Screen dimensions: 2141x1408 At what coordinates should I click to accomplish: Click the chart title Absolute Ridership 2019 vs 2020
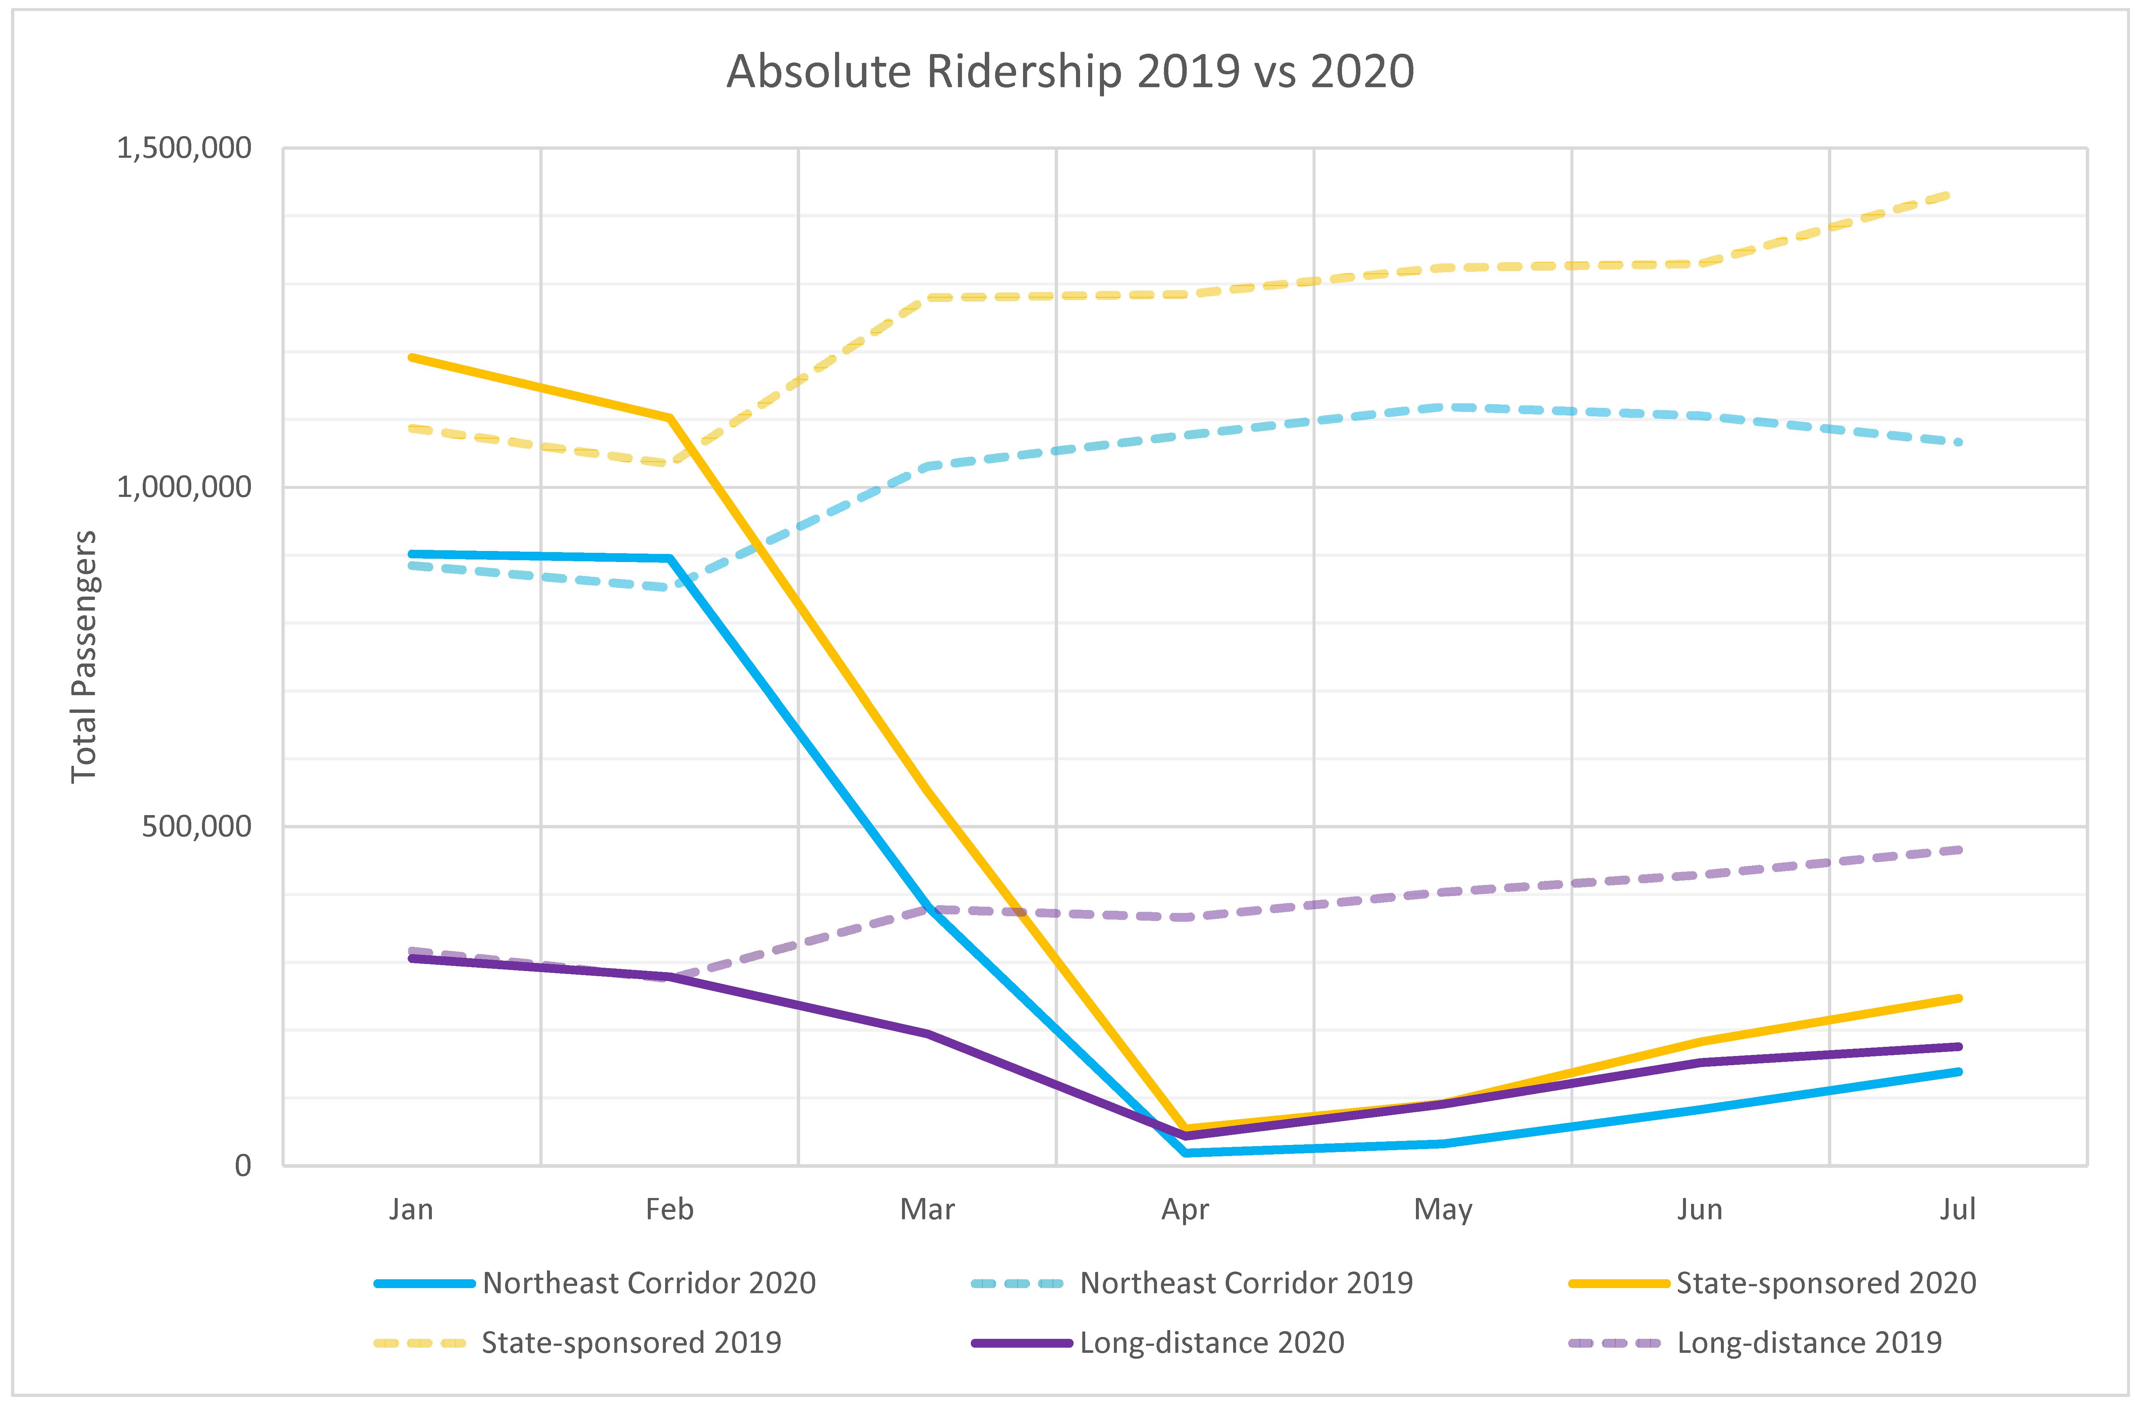[x=1070, y=72]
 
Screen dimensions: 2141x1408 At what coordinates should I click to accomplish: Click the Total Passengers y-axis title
[x=84, y=657]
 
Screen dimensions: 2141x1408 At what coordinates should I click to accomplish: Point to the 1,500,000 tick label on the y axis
[x=184, y=147]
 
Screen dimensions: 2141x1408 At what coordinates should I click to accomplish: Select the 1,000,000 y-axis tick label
[x=184, y=487]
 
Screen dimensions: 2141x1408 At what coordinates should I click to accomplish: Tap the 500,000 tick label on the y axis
[x=196, y=826]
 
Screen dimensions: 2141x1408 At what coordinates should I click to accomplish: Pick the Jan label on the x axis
[x=411, y=1209]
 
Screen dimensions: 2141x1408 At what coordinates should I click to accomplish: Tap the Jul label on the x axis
[x=1957, y=1209]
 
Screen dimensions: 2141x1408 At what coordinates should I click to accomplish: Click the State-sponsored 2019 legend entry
[x=578, y=1342]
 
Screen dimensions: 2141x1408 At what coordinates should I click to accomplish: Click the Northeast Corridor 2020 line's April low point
[x=1186, y=1152]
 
